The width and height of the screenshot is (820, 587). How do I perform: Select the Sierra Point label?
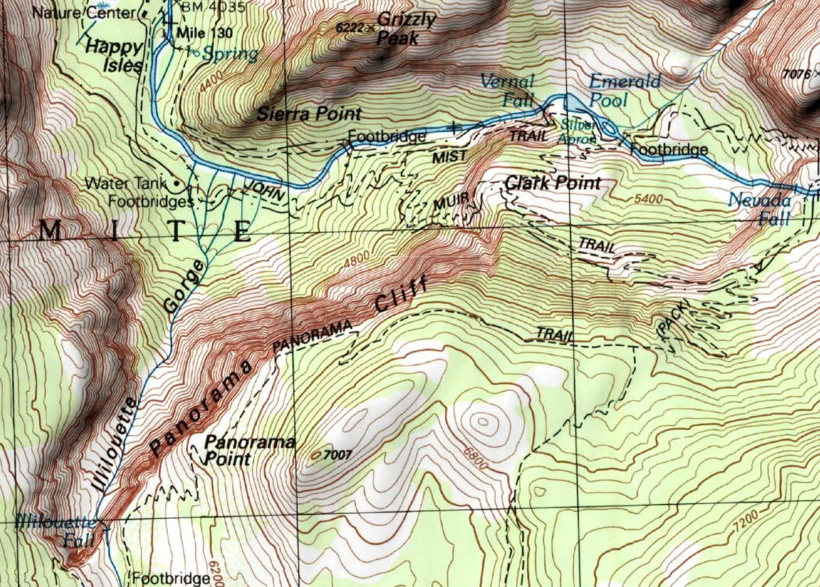click(x=309, y=114)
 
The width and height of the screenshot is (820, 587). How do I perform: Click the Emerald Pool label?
click(x=624, y=90)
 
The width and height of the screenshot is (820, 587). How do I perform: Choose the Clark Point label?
click(x=554, y=183)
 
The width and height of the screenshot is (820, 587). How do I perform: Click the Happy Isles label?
click(x=114, y=55)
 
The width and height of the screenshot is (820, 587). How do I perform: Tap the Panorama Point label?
click(x=249, y=450)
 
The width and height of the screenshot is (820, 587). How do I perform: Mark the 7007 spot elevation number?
click(x=337, y=453)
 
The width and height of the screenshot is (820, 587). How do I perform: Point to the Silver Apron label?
click(x=576, y=131)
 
